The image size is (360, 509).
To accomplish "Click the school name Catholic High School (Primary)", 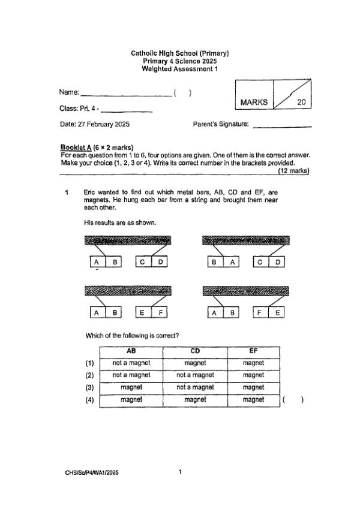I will (x=180, y=53).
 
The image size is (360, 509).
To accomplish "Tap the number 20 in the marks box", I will (x=301, y=103).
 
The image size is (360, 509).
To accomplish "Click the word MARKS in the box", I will (x=254, y=103).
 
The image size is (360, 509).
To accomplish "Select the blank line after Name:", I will (x=126, y=94).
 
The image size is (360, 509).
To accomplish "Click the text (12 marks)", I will (x=293, y=171).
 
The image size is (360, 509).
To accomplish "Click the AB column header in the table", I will (x=131, y=351).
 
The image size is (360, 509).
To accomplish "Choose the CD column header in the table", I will (x=195, y=351).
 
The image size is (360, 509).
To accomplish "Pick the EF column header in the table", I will (x=253, y=351).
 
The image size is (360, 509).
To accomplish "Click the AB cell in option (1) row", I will (x=131, y=363).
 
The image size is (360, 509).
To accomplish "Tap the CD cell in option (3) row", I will (x=195, y=388).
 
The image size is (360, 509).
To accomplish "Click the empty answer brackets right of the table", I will (x=293, y=400).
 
